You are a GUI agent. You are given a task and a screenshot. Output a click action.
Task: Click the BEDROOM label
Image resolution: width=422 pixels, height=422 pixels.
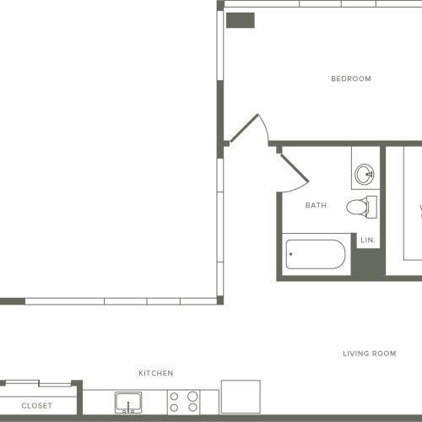point(351,78)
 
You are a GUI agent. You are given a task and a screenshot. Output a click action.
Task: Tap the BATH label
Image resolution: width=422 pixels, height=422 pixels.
point(316,205)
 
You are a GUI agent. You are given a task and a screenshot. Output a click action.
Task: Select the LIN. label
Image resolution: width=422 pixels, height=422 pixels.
point(368,241)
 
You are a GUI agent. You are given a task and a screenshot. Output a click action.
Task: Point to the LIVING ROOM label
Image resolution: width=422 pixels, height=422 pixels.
point(370,354)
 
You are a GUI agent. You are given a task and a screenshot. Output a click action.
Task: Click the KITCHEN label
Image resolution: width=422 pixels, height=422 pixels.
point(156,373)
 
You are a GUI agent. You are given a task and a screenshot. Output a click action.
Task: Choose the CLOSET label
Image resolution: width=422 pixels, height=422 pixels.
point(36,406)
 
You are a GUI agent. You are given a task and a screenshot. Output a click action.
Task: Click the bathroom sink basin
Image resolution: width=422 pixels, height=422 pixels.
point(365,175)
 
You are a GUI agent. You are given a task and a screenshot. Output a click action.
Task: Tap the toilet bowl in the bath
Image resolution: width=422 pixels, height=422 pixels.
point(357,208)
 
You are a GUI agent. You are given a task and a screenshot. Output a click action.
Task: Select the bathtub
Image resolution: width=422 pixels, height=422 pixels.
point(316,254)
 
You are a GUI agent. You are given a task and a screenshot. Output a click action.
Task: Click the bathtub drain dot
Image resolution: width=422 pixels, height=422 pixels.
point(290,254)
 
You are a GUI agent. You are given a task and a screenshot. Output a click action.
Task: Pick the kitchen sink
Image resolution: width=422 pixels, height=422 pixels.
point(128,403)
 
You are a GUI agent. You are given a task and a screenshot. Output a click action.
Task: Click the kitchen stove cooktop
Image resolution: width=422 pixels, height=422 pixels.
point(183,402)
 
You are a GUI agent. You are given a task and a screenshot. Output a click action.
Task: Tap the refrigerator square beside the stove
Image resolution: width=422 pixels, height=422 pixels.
point(241,397)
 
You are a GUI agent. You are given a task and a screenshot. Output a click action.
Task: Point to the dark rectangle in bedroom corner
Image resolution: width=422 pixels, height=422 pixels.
point(241,20)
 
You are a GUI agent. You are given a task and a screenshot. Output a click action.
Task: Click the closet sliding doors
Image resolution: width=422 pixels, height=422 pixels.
point(39,383)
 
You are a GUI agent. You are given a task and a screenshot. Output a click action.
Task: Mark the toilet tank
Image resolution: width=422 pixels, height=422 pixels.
point(372,207)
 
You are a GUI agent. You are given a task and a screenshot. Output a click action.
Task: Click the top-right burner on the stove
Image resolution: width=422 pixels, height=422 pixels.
point(192,396)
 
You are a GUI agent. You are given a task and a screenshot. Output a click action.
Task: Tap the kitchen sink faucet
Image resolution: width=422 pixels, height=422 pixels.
point(128,408)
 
